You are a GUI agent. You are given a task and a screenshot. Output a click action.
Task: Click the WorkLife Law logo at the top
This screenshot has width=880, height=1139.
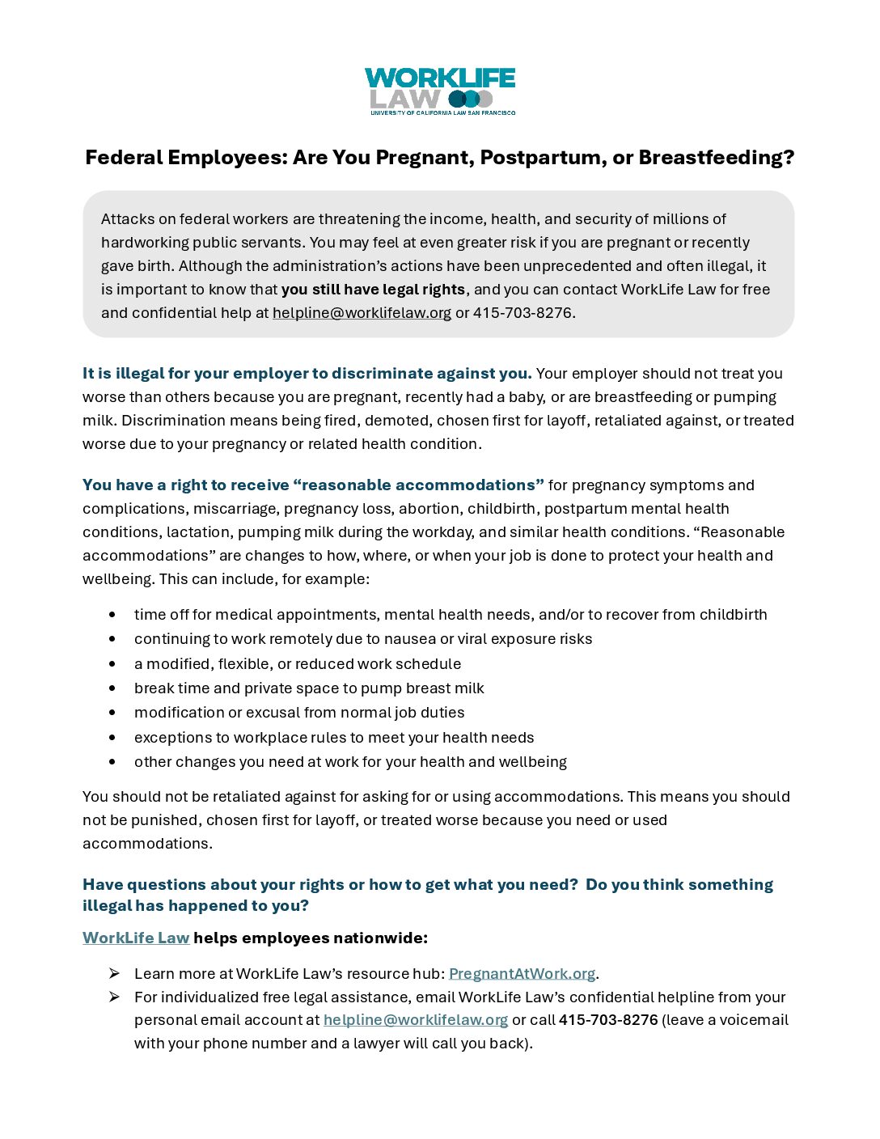439,91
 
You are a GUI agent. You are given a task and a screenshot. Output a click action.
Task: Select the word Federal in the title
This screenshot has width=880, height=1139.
124,157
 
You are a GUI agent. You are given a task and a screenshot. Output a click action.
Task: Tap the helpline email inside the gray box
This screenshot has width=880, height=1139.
362,313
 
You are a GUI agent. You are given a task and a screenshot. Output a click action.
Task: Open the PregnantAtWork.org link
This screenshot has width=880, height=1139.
522,974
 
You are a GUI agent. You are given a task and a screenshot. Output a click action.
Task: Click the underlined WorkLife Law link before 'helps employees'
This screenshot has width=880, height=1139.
136,938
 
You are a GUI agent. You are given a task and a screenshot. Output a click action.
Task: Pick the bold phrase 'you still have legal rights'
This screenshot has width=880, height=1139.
373,290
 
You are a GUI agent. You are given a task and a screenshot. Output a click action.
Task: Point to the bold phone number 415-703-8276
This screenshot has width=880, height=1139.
608,1020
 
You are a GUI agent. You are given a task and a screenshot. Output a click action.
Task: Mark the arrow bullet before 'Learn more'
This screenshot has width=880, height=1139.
114,973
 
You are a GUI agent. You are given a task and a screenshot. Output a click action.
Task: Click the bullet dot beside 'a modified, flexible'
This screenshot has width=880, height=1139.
112,664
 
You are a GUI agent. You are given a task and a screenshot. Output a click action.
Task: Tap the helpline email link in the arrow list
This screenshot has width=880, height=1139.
416,1020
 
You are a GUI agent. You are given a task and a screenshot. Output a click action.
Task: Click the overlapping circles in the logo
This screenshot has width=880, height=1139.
470,100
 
